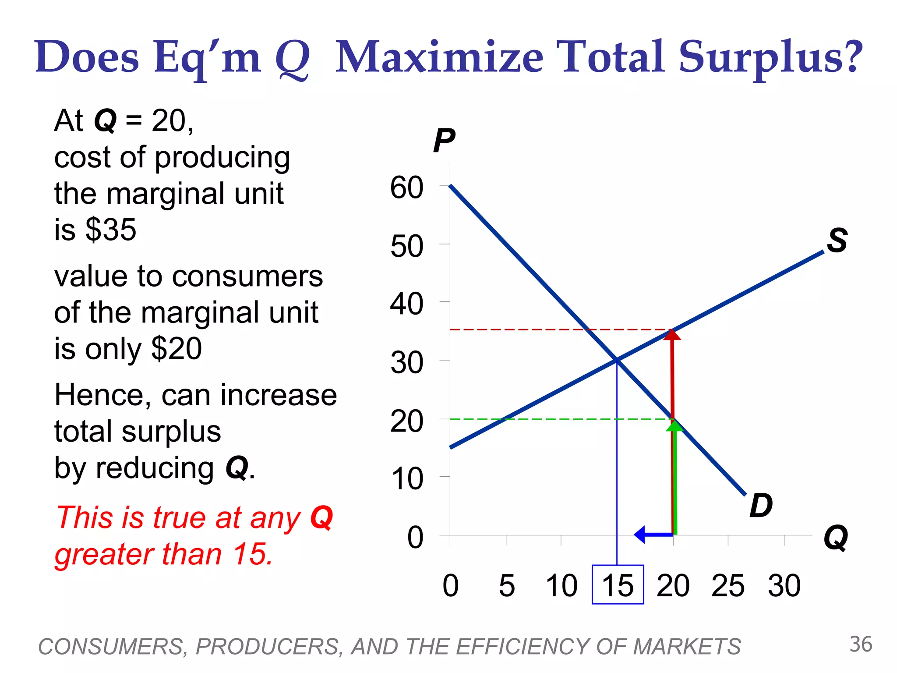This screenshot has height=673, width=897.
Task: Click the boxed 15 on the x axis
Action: click(x=618, y=585)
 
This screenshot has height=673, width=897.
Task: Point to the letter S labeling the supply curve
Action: click(x=837, y=241)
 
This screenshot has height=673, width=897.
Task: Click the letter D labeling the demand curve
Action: click(x=761, y=506)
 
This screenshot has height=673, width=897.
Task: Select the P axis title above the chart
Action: click(x=444, y=141)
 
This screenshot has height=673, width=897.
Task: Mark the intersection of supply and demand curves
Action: click(x=617, y=360)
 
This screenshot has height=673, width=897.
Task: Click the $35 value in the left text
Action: click(x=111, y=229)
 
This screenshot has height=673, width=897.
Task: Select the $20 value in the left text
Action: click(x=176, y=349)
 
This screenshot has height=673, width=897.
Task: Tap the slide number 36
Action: click(x=861, y=645)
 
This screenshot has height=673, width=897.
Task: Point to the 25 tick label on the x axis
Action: click(x=727, y=585)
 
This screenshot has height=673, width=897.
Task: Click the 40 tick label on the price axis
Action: click(x=406, y=304)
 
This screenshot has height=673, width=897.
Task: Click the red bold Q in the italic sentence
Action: click(x=321, y=518)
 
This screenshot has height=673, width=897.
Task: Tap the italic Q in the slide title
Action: click(x=293, y=59)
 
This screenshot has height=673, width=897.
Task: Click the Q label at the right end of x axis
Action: click(x=836, y=538)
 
